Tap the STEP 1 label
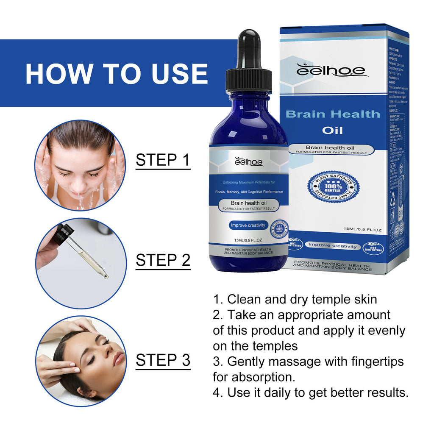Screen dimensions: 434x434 click(163, 160)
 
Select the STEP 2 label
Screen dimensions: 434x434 click(163, 260)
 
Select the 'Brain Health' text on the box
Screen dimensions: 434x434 click(333, 114)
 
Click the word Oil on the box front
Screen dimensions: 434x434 click(332, 130)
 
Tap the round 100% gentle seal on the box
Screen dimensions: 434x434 click(333, 187)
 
